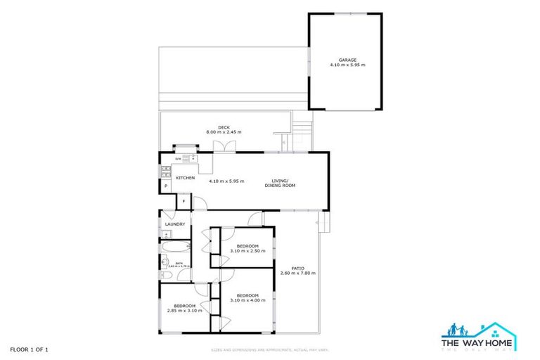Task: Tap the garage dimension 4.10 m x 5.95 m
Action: (x=347, y=65)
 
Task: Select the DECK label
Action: (x=224, y=127)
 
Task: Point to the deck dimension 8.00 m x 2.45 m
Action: (x=224, y=132)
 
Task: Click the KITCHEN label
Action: (x=185, y=178)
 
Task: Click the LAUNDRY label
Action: (x=174, y=224)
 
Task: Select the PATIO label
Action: (x=298, y=268)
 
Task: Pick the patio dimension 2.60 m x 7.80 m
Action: (x=298, y=273)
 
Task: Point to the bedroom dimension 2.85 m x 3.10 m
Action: (x=184, y=310)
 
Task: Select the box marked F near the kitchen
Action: (x=184, y=202)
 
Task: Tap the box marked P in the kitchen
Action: (x=166, y=186)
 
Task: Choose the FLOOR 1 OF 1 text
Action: (x=29, y=349)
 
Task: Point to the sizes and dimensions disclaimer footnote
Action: (x=270, y=349)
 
